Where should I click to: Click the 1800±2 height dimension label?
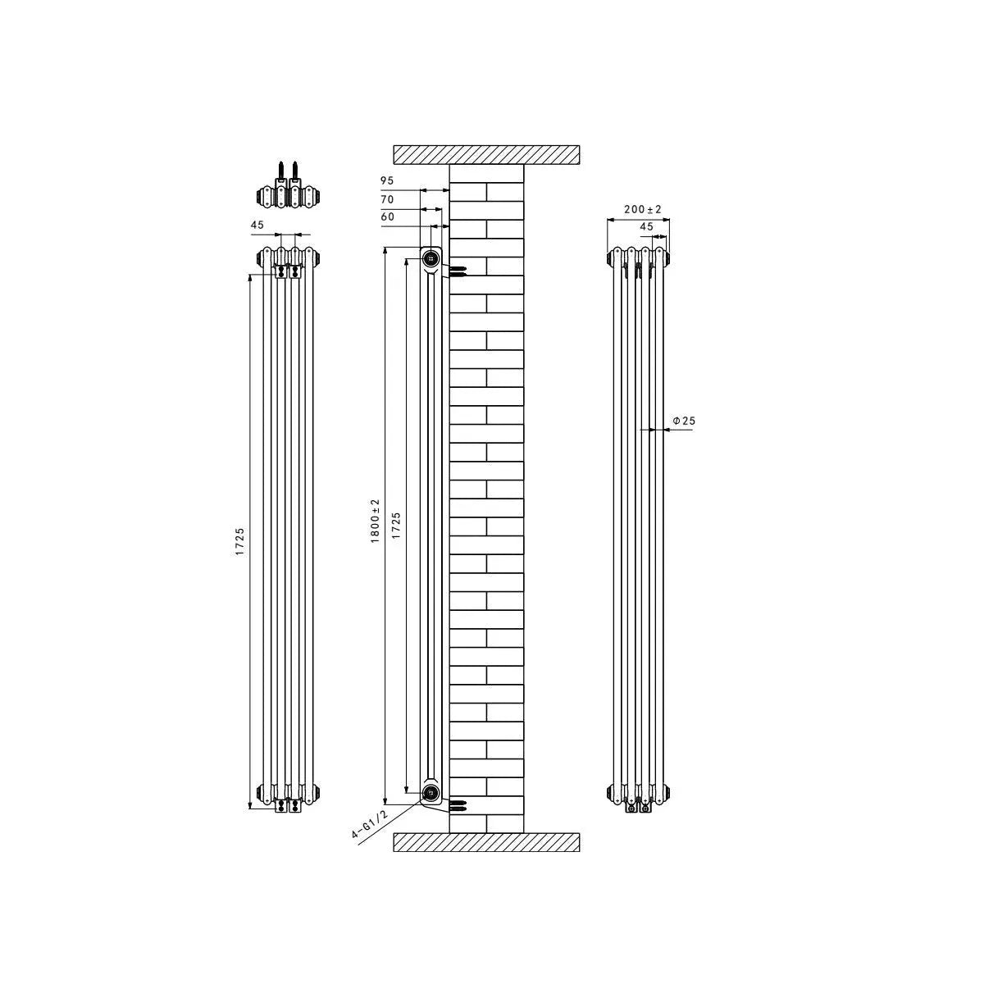click(x=375, y=519)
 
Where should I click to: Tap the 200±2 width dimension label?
click(x=642, y=210)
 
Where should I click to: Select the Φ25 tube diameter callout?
click(x=683, y=421)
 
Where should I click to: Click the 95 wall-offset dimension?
click(x=387, y=180)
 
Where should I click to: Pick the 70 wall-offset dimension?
click(x=387, y=199)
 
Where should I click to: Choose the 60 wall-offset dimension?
click(x=387, y=217)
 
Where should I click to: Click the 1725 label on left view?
click(x=239, y=542)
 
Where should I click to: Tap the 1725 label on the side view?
click(x=395, y=525)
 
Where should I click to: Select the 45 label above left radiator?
click(x=257, y=224)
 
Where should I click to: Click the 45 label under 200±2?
click(x=646, y=226)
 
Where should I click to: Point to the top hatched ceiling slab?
click(x=487, y=154)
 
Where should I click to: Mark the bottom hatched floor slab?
click(x=487, y=842)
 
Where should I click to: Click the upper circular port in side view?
click(x=431, y=259)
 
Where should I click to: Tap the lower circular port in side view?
click(x=431, y=792)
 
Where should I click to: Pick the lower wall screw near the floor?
click(x=458, y=804)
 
